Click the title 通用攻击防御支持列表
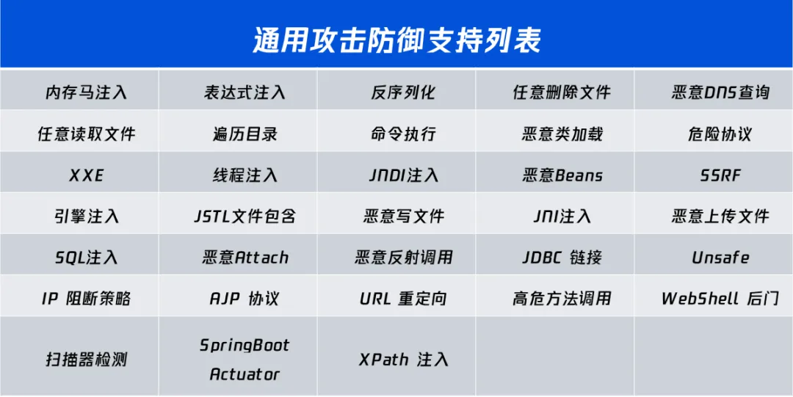(x=396, y=40)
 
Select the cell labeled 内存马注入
(x=87, y=92)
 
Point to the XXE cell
(x=87, y=176)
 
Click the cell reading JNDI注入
(x=403, y=176)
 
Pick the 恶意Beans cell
(x=562, y=176)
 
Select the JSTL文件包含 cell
(x=245, y=217)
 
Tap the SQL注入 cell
(x=87, y=258)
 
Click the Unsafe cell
(x=720, y=258)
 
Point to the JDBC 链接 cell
(x=562, y=258)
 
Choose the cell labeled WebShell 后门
(x=720, y=299)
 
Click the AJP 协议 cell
(x=245, y=299)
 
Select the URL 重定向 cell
(x=403, y=299)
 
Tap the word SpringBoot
(x=245, y=346)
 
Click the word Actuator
(x=245, y=375)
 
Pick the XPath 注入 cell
(x=403, y=360)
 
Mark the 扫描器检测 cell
(x=87, y=360)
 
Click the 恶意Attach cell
(x=245, y=258)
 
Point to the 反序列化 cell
(x=403, y=92)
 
